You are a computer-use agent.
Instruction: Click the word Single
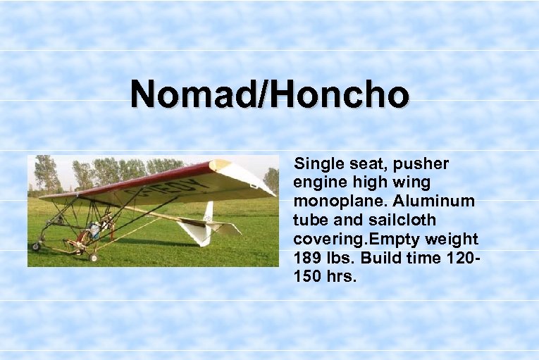pyautogui.click(x=317, y=164)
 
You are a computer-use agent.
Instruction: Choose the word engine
pyautogui.click(x=317, y=183)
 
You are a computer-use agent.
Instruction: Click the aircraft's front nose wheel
pyautogui.click(x=36, y=247)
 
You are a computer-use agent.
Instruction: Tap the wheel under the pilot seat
pyautogui.click(x=93, y=257)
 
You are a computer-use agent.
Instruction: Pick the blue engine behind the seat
pyautogui.click(x=94, y=230)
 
